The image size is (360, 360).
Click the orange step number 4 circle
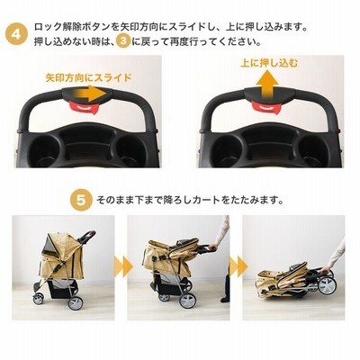click(16, 34)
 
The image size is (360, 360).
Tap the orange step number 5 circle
click(81, 200)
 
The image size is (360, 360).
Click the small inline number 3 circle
click(123, 42)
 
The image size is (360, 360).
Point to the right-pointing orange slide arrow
click(89, 93)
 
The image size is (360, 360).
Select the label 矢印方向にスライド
click(88, 77)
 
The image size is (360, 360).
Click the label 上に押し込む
click(269, 63)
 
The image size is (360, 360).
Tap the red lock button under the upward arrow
click(265, 107)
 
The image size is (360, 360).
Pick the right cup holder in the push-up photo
click(314, 150)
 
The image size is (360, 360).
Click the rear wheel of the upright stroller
click(75, 303)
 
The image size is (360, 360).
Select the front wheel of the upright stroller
click(38, 299)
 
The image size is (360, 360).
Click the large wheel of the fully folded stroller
click(327, 285)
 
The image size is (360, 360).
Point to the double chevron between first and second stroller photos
click(123, 266)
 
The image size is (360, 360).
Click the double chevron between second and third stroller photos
click(238, 266)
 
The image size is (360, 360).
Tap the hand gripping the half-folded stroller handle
click(213, 247)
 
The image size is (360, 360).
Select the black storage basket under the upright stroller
click(60, 287)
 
